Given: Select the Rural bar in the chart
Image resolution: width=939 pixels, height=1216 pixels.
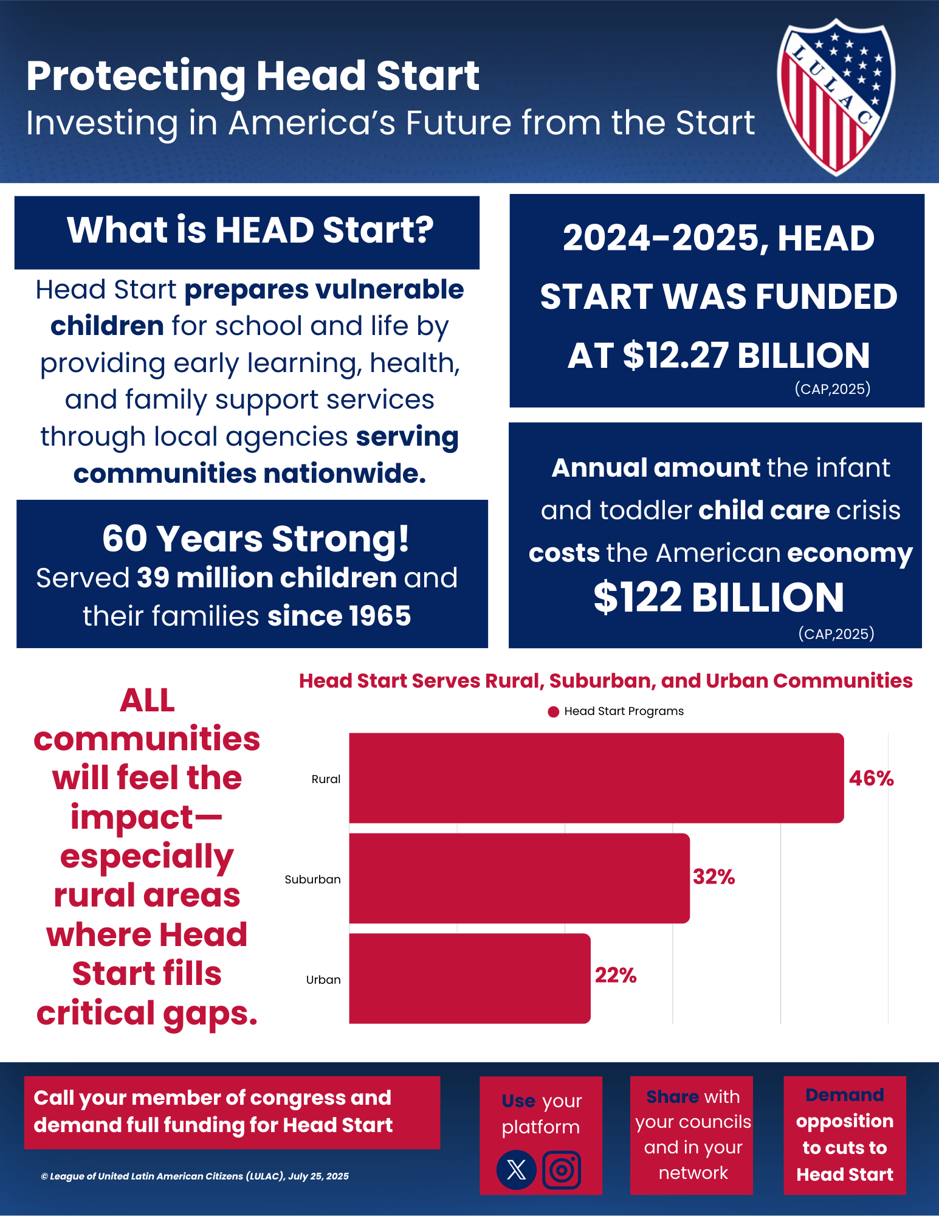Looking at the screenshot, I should pos(596,778).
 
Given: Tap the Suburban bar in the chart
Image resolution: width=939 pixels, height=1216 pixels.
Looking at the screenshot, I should pos(519,878).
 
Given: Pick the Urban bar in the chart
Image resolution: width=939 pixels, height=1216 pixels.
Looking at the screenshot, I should pos(469,978).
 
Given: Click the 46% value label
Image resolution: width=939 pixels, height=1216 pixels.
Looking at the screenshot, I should pos(871,778).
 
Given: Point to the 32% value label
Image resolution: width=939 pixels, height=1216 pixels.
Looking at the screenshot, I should pos(714,877).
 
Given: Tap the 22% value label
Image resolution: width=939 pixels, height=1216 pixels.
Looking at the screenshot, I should pos(615,975).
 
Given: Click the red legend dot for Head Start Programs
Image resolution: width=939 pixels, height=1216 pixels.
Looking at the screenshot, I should pos(553,712).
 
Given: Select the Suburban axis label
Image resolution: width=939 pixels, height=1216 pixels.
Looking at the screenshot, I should pos(312,879).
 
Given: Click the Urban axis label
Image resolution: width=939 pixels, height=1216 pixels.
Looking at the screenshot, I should pos(323,979).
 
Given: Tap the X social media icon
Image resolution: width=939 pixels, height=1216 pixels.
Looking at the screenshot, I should pos(516,1169).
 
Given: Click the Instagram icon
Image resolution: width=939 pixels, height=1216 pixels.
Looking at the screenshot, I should pos(562,1169).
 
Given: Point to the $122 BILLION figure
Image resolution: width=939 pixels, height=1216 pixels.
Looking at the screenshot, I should pos(718,597).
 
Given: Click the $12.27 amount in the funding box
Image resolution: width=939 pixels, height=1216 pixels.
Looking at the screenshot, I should pos(675,356).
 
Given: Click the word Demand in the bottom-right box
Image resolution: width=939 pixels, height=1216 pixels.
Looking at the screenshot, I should pos(844,1095).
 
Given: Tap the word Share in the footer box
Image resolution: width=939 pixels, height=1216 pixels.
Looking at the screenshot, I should pos(672,1097).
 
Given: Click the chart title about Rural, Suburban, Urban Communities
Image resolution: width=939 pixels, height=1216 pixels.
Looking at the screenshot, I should pos(605,681).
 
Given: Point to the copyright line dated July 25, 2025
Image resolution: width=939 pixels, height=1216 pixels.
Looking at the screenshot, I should pos(194,1176).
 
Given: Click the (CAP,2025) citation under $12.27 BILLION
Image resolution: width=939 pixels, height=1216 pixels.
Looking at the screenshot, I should pos(832,389).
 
